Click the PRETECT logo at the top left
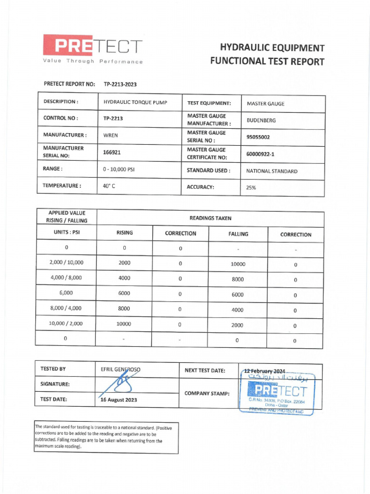pyautogui.click(x=93, y=48)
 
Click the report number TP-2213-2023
pyautogui.click(x=120, y=84)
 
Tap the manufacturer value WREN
pyautogui.click(x=110, y=136)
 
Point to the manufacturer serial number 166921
pyautogui.click(x=111, y=152)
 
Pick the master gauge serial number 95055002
pyautogui.click(x=258, y=137)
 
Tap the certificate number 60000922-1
pyautogui.click(x=260, y=154)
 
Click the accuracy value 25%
pyautogui.click(x=251, y=188)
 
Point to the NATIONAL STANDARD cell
pyautogui.click(x=272, y=171)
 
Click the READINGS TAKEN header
pyautogui.click(x=210, y=218)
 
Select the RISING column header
pyautogui.click(x=124, y=233)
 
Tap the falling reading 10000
pyautogui.click(x=238, y=264)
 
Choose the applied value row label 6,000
pyautogui.click(x=66, y=293)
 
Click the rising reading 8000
pyautogui.click(x=124, y=308)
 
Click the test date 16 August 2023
pyautogui.click(x=119, y=400)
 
